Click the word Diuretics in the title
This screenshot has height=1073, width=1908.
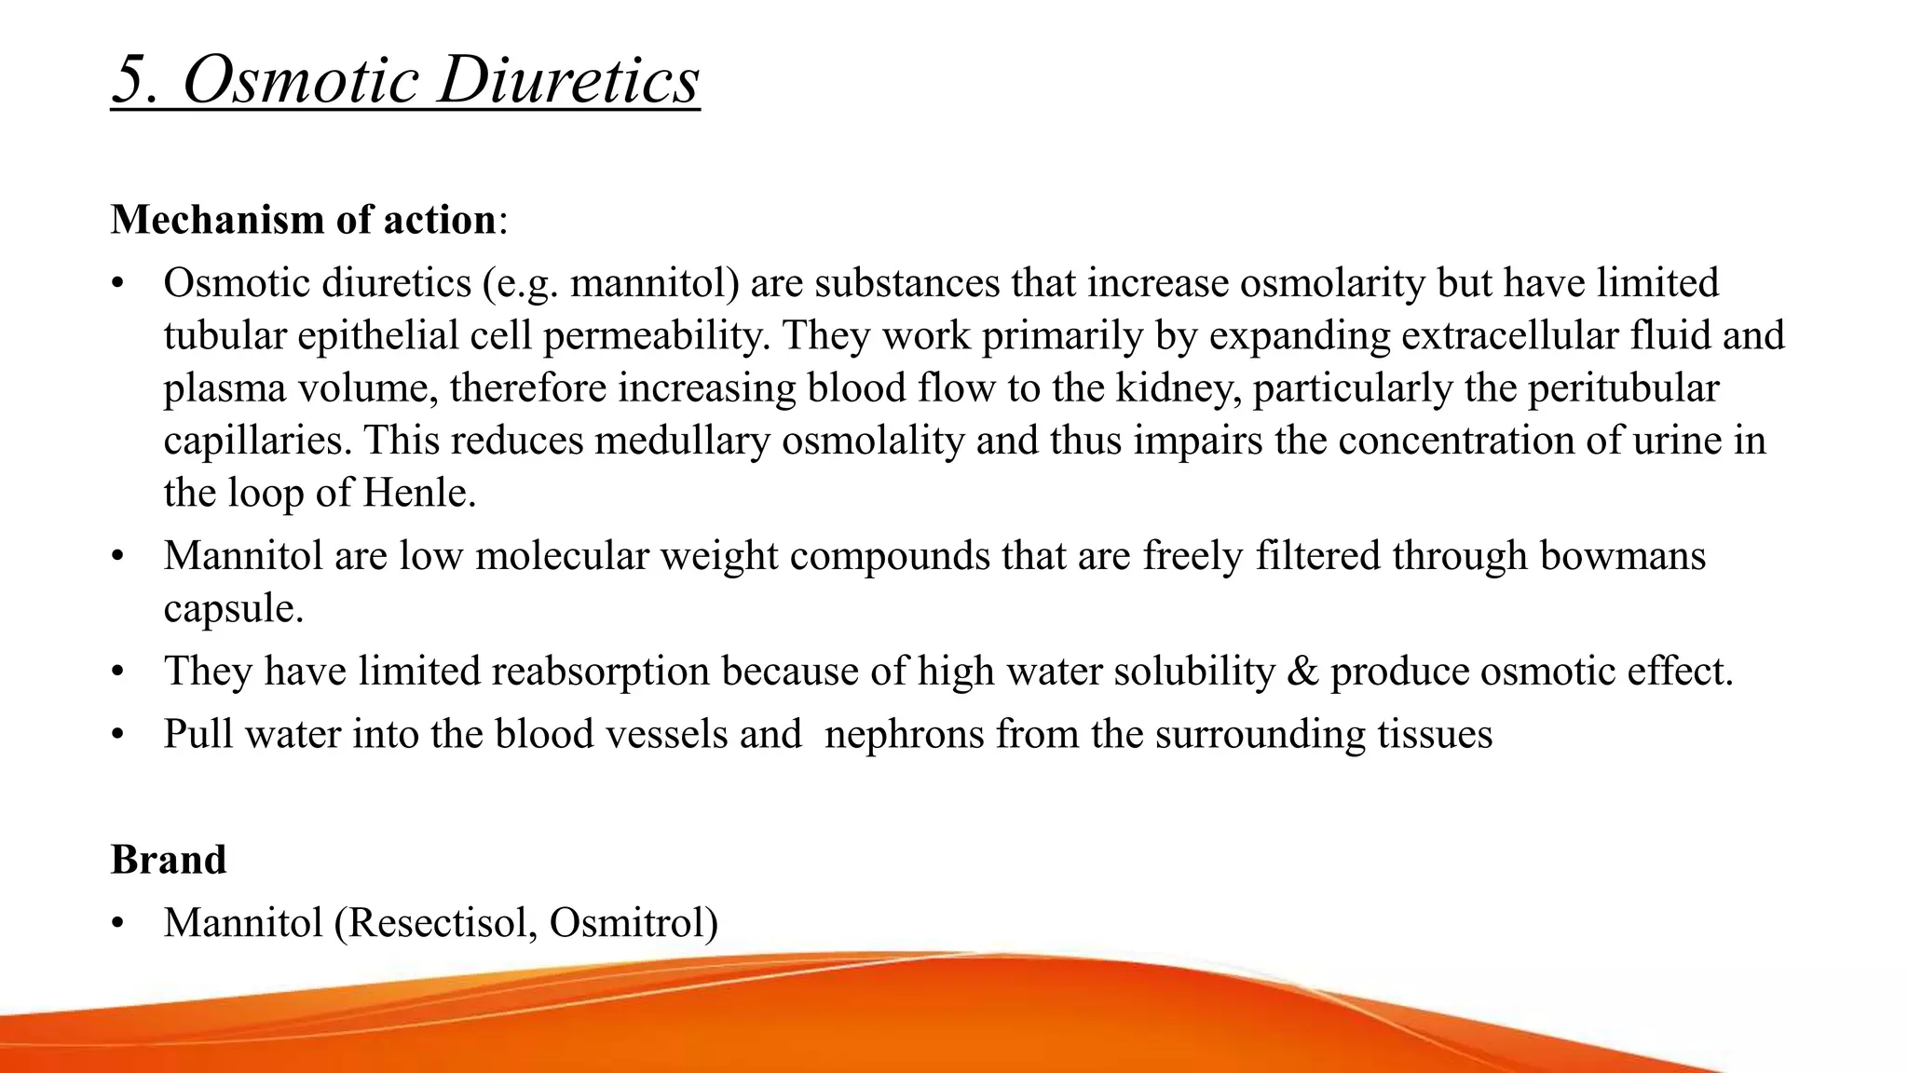568,80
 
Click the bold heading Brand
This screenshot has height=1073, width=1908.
169,859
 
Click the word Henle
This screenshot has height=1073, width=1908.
418,493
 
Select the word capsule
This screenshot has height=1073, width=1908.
233,609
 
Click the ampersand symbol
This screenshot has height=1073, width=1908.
1302,672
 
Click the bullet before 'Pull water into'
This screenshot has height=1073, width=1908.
116,735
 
